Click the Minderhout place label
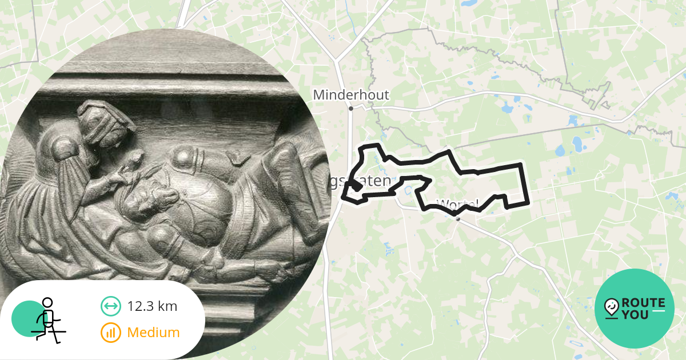coord(351,95)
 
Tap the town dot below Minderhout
coord(351,108)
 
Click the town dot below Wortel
coord(458,218)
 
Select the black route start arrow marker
coord(356,186)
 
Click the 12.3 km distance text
coord(152,306)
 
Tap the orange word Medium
coord(153,332)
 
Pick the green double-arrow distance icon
coord(110,306)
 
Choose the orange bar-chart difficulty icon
coord(110,332)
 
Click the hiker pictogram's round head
coord(47,303)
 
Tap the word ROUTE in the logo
coord(643,303)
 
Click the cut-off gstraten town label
coord(360,181)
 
